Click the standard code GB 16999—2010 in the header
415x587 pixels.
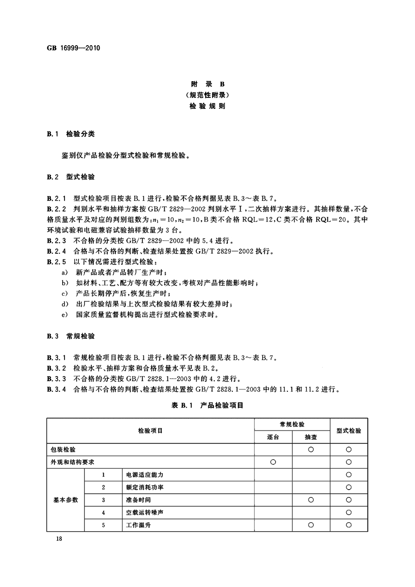(74, 48)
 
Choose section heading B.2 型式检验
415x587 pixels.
(71, 177)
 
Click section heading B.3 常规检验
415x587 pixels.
(71, 336)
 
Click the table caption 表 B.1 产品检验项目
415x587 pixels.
(207, 405)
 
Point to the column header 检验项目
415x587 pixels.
(150, 431)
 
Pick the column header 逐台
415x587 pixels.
(273, 437)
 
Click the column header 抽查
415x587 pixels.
(311, 437)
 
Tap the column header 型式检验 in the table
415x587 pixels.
(349, 431)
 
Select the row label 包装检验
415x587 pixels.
(64, 449)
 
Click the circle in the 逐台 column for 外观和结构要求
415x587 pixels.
(273, 462)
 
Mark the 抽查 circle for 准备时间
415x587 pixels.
(311, 500)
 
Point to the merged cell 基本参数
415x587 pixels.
(65, 500)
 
